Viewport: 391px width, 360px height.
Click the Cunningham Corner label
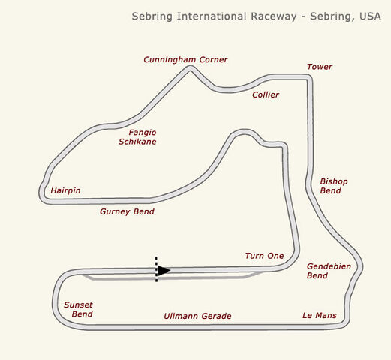(185, 60)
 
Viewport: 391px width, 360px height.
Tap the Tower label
(320, 67)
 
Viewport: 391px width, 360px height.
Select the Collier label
(266, 94)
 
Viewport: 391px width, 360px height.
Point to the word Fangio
(143, 133)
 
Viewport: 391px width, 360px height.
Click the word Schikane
(137, 142)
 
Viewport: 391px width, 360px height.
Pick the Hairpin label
(65, 190)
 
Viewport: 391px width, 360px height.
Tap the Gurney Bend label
(127, 211)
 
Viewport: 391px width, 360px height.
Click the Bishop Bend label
(334, 186)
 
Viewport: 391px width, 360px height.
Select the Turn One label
(264, 256)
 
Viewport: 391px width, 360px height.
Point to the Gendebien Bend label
(329, 271)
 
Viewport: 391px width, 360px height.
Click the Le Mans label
(320, 315)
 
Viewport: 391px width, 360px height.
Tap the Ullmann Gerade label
(197, 316)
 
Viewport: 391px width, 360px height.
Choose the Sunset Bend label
(78, 309)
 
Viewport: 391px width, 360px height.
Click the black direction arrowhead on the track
(164, 270)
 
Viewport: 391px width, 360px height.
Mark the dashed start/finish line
(156, 269)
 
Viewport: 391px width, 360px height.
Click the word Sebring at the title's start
(152, 16)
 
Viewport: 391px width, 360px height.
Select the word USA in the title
(370, 16)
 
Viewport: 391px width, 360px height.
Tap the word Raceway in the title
(274, 16)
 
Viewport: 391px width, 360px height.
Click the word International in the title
(212, 16)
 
